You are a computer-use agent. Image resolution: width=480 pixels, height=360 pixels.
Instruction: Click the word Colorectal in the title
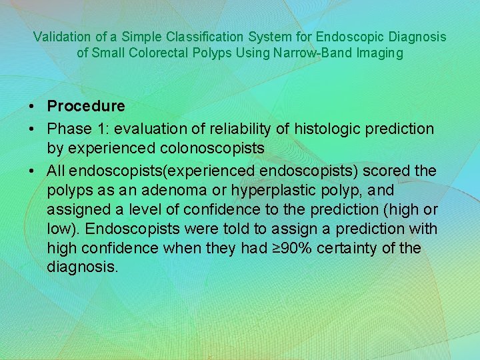pyautogui.click(x=173, y=53)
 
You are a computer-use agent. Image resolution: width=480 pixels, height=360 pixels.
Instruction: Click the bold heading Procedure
pyautogui.click(x=86, y=106)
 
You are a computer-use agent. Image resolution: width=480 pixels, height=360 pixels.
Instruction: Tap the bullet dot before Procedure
pyautogui.click(x=32, y=107)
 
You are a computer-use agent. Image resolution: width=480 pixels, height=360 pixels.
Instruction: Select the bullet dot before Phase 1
pyautogui.click(x=32, y=128)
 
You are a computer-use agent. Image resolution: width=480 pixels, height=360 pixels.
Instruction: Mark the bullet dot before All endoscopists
pyautogui.click(x=32, y=171)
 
